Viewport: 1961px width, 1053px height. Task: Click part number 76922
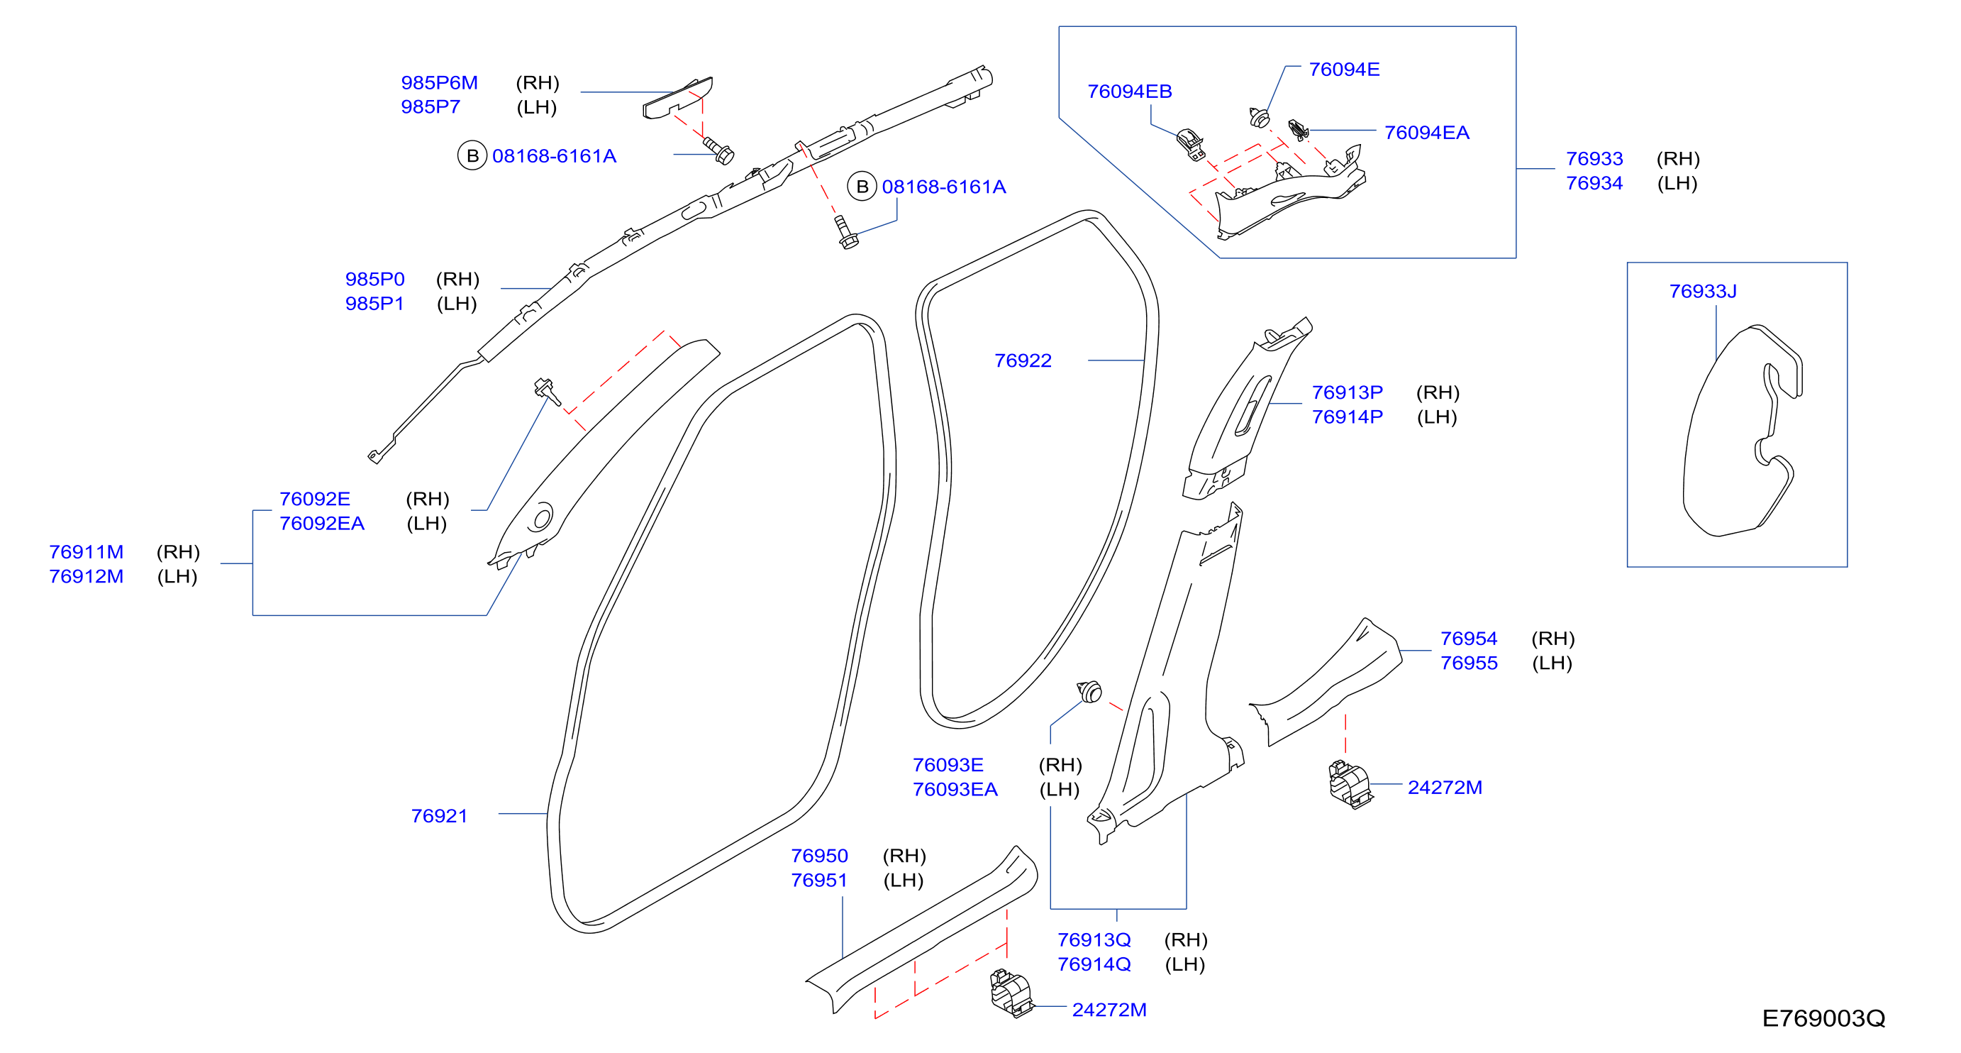(1023, 360)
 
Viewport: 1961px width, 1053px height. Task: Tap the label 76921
(439, 815)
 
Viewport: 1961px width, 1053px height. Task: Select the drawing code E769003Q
(1823, 1018)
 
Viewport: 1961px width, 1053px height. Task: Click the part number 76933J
(1703, 291)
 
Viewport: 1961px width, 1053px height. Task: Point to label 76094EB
(1129, 92)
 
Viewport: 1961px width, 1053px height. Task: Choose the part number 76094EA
(1426, 133)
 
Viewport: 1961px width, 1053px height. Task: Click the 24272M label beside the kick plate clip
(1109, 1010)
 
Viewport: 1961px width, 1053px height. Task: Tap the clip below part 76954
(1350, 784)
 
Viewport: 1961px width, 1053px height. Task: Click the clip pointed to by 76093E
(1089, 691)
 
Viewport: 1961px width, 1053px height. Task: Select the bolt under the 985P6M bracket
(718, 150)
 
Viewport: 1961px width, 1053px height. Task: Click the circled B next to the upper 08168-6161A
(472, 156)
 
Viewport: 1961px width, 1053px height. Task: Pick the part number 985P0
(374, 279)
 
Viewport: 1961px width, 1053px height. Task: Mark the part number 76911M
(86, 551)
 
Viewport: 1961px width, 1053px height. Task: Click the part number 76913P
(1347, 392)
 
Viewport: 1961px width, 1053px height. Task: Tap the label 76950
(819, 856)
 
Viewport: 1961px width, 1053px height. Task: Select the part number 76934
(1594, 183)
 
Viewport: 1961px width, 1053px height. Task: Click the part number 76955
(1469, 663)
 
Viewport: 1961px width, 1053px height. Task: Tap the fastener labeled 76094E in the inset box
(1260, 117)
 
